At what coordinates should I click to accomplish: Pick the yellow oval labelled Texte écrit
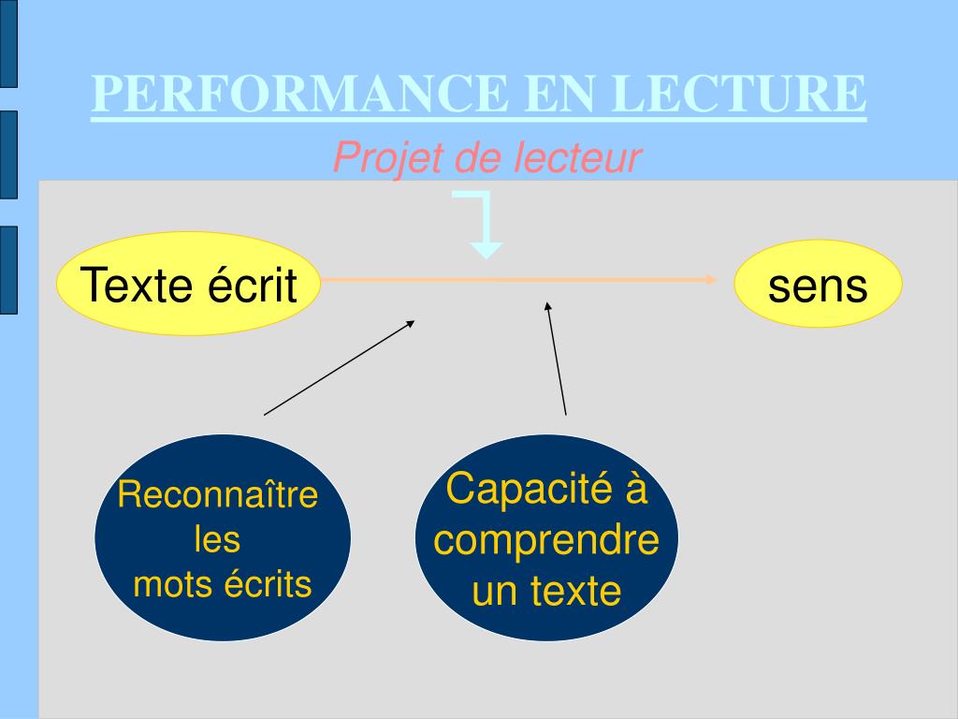pyautogui.click(x=188, y=284)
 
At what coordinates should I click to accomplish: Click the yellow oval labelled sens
pyautogui.click(x=818, y=285)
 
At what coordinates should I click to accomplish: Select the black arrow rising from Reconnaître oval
pyautogui.click(x=340, y=367)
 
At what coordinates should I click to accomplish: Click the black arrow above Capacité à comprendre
pyautogui.click(x=557, y=358)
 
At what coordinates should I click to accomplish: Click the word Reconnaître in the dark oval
pyautogui.click(x=218, y=495)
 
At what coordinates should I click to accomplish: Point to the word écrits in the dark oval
pyautogui.click(x=268, y=584)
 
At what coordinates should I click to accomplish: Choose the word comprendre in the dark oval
pyautogui.click(x=547, y=540)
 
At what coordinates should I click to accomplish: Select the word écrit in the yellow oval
pyautogui.click(x=252, y=284)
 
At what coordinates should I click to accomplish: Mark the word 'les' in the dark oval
pyautogui.click(x=217, y=539)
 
